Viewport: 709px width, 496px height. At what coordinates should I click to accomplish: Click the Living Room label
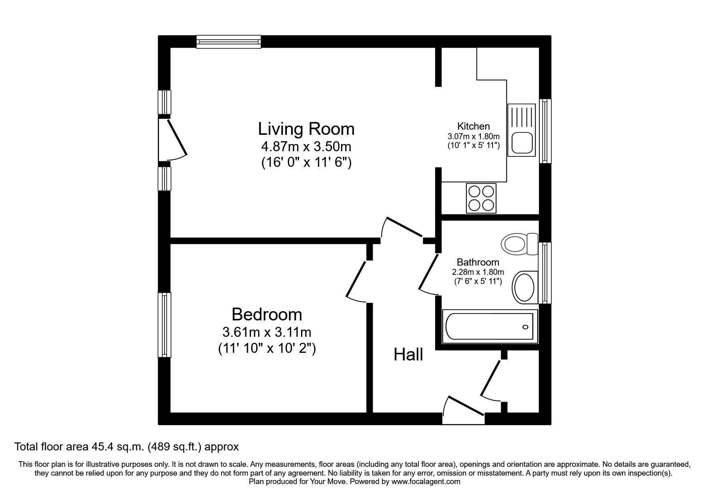(x=306, y=129)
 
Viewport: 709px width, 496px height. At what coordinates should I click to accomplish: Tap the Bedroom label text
(x=267, y=314)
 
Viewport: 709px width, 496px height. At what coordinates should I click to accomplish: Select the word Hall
(x=408, y=355)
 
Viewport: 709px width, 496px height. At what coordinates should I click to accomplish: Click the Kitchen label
(x=474, y=126)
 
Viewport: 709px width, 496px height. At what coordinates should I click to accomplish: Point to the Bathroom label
(x=478, y=262)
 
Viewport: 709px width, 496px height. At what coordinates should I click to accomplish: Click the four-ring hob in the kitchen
(x=481, y=198)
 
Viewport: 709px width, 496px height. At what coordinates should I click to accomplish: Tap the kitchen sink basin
(x=521, y=143)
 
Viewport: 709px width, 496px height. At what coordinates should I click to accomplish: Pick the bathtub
(x=489, y=327)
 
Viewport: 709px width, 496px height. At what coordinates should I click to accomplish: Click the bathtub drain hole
(x=525, y=327)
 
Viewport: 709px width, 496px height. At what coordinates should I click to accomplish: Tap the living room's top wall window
(x=229, y=42)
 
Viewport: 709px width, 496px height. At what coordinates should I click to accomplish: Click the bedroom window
(x=164, y=324)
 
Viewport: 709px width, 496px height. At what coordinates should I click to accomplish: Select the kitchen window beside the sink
(x=545, y=131)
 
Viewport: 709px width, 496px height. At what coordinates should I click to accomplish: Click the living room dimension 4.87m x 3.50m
(x=306, y=147)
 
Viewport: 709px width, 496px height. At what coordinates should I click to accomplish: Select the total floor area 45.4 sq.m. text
(x=127, y=446)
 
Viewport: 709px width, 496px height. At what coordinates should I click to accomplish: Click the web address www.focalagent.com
(x=426, y=482)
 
